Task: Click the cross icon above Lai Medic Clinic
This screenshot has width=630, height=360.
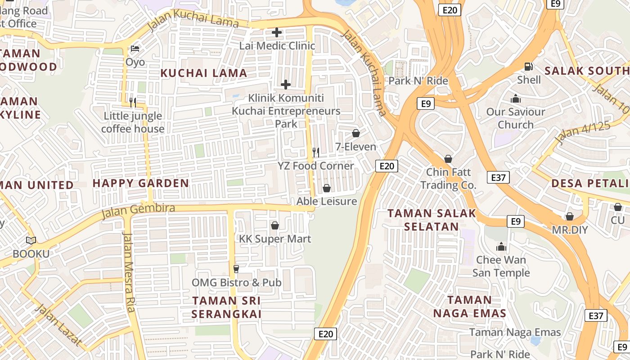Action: (277, 32)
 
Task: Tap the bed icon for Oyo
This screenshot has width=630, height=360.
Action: (135, 49)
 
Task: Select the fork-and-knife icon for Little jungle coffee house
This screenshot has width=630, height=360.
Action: (133, 103)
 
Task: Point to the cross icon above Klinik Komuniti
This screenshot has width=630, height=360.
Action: (286, 85)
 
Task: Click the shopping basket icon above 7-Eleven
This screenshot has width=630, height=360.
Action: (356, 134)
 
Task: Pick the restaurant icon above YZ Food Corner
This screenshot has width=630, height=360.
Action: (316, 153)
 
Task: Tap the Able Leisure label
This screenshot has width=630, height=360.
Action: (327, 201)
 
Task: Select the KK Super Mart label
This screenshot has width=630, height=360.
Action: (275, 238)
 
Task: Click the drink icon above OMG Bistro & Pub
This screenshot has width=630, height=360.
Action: (236, 269)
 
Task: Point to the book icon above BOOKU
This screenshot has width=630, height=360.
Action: (31, 241)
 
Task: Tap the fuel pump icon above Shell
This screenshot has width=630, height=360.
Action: (529, 67)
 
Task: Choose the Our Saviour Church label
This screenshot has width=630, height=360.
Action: (515, 118)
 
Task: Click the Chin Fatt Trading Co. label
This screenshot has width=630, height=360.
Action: (448, 178)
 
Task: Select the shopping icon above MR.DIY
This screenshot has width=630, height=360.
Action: (570, 216)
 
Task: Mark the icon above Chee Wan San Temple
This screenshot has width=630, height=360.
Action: (501, 247)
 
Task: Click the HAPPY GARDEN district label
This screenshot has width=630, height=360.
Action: (140, 183)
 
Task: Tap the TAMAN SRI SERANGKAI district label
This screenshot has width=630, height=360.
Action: (226, 307)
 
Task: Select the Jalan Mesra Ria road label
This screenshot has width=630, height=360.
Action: (129, 272)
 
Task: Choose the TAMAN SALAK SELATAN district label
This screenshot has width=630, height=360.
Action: (432, 220)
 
